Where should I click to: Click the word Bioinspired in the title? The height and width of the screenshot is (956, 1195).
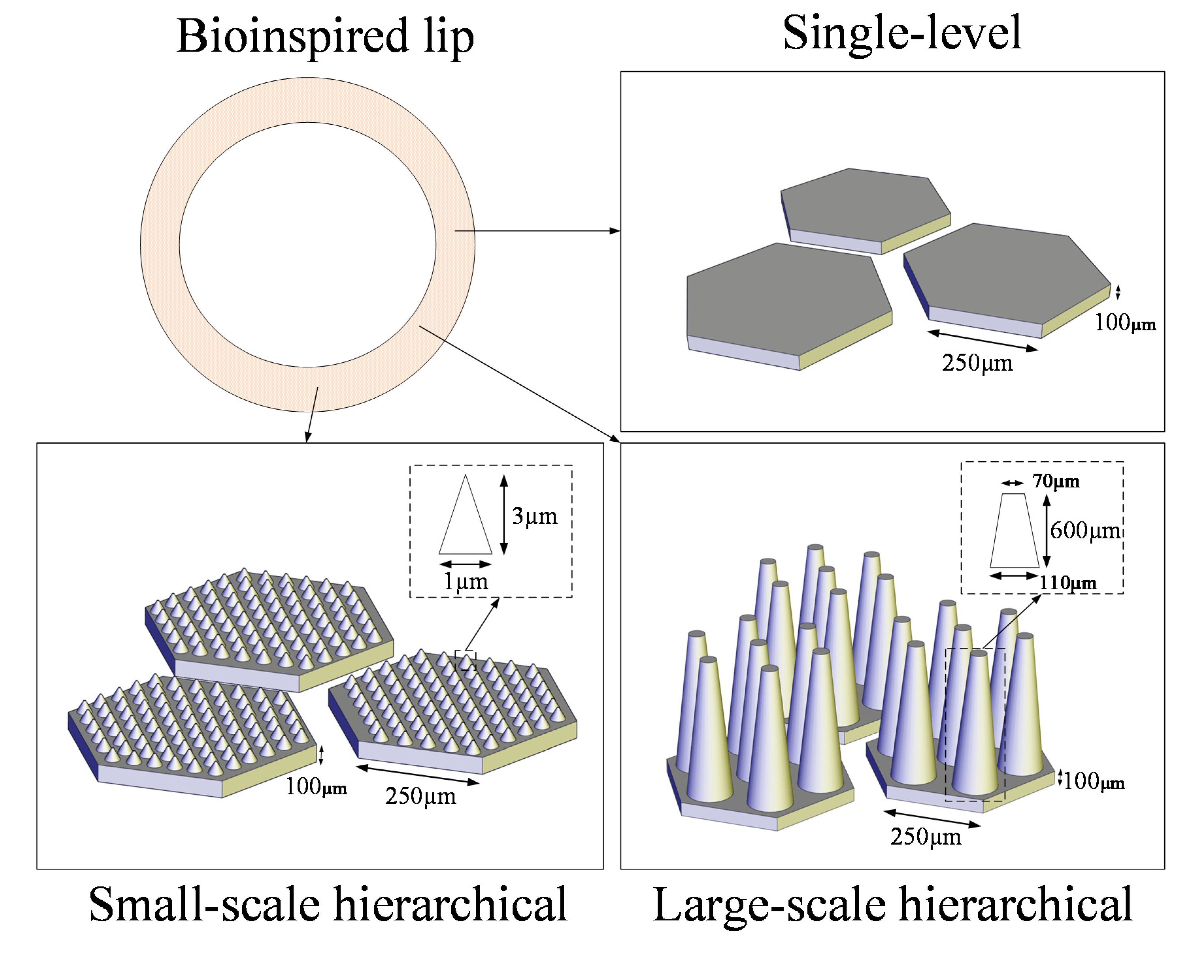tap(292, 37)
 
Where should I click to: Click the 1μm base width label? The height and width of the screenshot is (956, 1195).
tap(466, 582)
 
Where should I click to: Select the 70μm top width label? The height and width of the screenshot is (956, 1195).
tap(1055, 481)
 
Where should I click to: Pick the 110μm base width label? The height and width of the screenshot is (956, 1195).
tap(1068, 583)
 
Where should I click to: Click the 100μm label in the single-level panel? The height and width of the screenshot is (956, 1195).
tap(1125, 322)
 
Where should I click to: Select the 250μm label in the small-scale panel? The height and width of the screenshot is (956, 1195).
tap(421, 796)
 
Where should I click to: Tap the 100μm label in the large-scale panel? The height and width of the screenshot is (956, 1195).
tap(1094, 781)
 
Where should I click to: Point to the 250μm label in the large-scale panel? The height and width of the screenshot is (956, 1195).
tap(926, 837)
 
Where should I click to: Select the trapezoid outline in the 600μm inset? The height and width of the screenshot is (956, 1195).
tap(1014, 531)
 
